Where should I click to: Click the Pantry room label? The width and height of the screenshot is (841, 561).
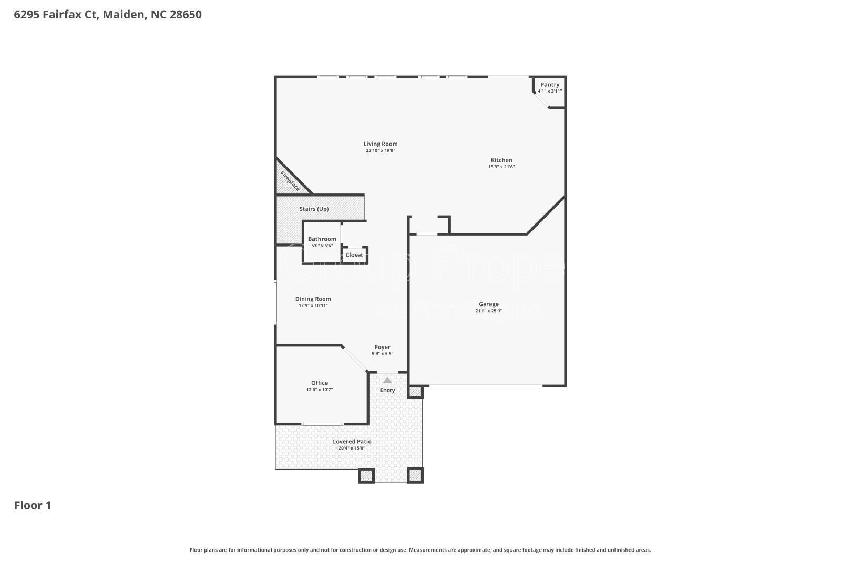(550, 85)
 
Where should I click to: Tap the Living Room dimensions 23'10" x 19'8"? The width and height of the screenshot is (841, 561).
(381, 151)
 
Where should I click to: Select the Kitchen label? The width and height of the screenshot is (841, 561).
(501, 160)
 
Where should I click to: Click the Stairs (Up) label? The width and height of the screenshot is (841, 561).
(314, 209)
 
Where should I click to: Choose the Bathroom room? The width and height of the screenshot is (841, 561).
(322, 242)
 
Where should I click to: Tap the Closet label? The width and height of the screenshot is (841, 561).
(354, 255)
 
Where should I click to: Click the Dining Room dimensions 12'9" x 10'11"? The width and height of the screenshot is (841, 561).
(313, 305)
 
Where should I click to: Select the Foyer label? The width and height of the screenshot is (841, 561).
(383, 347)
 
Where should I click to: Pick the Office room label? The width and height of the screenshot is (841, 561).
(320, 383)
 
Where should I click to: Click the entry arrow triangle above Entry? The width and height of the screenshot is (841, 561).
(387, 380)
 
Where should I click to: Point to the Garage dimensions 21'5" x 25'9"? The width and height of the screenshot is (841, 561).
(488, 311)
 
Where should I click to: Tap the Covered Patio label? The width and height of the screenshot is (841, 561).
(352, 442)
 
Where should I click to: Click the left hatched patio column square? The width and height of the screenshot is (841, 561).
(366, 475)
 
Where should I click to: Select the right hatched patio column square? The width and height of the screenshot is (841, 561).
(415, 475)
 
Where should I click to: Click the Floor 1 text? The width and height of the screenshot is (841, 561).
(33, 505)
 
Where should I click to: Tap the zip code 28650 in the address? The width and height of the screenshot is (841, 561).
(184, 14)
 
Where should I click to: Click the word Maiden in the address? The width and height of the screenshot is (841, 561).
(124, 14)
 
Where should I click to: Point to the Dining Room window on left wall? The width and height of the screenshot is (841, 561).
(275, 302)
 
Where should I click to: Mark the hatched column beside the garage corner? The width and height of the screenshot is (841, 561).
(415, 392)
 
